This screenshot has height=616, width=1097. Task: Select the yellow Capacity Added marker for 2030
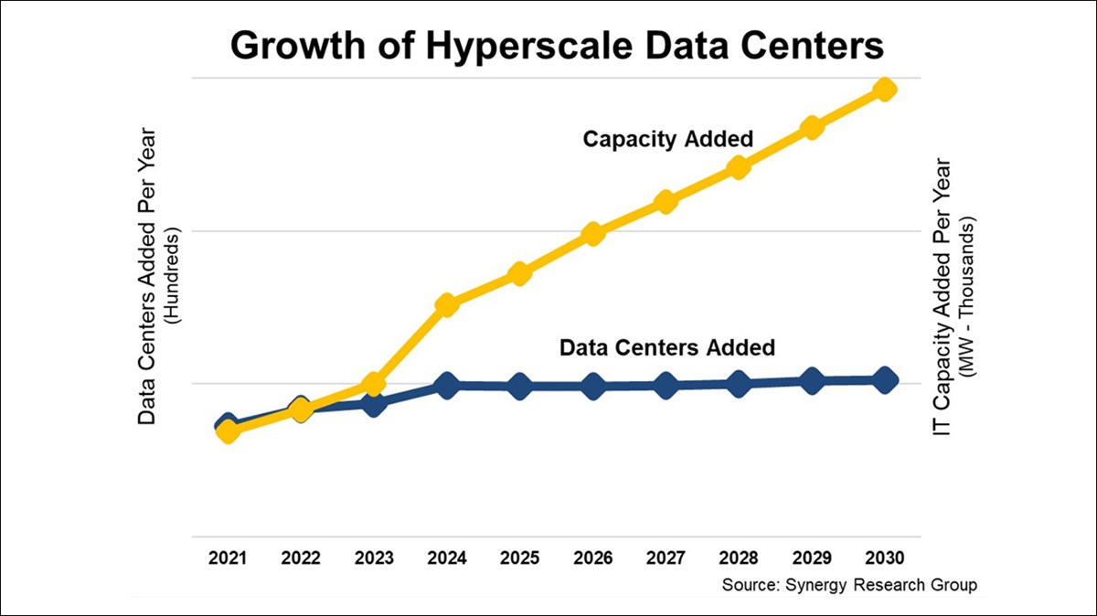tap(884, 89)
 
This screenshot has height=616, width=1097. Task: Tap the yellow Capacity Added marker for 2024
tap(446, 304)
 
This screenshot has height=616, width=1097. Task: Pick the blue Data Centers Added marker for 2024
tap(446, 386)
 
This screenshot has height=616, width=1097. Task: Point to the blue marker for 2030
tap(884, 380)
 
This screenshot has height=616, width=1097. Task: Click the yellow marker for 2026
tap(592, 233)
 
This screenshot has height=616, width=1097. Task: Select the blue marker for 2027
tap(666, 386)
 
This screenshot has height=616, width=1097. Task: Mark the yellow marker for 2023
tap(373, 384)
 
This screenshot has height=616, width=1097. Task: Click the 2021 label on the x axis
tap(228, 558)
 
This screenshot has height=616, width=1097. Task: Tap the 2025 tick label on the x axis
tap(519, 558)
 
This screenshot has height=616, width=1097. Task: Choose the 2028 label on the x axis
tap(739, 558)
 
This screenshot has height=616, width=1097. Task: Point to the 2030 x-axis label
tap(884, 558)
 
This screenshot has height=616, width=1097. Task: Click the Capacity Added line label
tap(668, 139)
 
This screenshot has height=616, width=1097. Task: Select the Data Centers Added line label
tap(666, 348)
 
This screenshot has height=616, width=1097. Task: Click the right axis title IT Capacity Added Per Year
tap(943, 297)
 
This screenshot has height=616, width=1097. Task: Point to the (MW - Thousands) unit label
tap(967, 298)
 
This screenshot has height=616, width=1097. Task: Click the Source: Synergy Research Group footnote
tap(849, 584)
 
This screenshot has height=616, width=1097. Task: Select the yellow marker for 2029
tap(811, 127)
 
